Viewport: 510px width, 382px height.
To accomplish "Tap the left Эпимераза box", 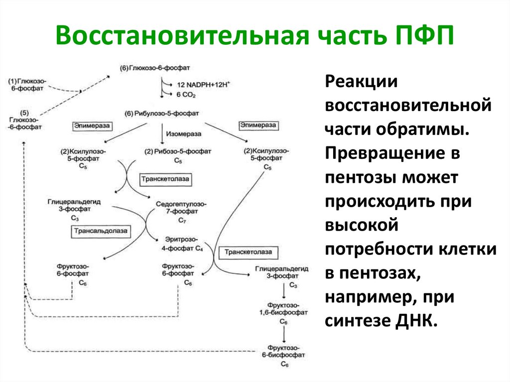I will (x=93, y=126).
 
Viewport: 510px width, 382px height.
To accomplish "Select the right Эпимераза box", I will (x=258, y=126).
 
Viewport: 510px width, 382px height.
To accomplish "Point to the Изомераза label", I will (x=184, y=134).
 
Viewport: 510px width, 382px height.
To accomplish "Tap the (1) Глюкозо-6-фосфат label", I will (x=26, y=84).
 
